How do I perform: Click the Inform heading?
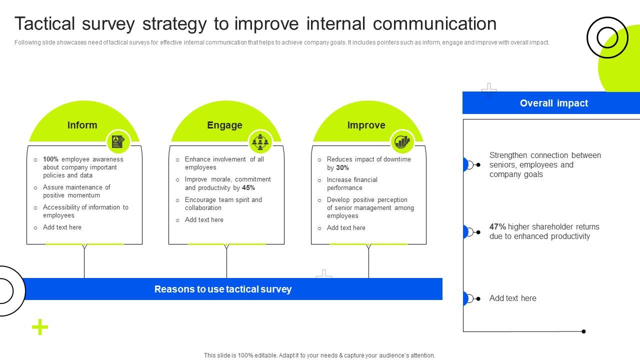(x=82, y=125)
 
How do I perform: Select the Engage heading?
(x=224, y=125)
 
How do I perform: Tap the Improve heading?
(x=366, y=125)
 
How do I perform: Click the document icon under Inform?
(x=118, y=142)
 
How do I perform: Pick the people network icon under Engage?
(x=260, y=142)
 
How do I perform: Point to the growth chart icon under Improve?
(x=402, y=142)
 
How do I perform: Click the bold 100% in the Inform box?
(x=50, y=159)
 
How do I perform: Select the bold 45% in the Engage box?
(x=248, y=188)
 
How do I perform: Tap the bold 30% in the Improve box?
(x=342, y=168)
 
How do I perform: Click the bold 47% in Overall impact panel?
(x=497, y=227)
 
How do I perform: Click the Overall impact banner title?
(x=553, y=103)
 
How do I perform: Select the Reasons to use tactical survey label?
(x=223, y=289)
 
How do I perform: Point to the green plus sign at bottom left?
(x=40, y=327)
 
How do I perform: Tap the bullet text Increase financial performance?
(x=352, y=184)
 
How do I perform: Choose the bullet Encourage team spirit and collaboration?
(x=223, y=204)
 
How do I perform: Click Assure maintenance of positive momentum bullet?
(x=76, y=191)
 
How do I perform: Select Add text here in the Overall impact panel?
(x=512, y=298)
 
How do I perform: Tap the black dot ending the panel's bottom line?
(x=583, y=331)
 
